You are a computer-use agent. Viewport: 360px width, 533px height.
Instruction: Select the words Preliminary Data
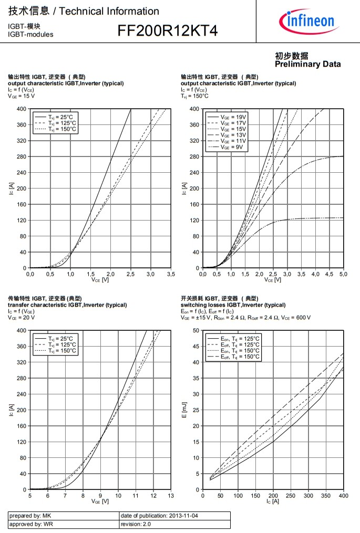pyautogui.click(x=307, y=64)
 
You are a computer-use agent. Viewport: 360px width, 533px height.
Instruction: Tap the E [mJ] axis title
pyautogui.click(x=184, y=409)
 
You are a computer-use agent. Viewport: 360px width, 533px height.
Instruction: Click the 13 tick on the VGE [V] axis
pyautogui.click(x=171, y=495)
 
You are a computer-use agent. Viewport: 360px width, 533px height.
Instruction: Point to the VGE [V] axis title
pyautogui.click(x=100, y=501)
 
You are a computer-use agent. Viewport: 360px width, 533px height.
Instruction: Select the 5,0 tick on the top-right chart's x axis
pyautogui.click(x=343, y=274)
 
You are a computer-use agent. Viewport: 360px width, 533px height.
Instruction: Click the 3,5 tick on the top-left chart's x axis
pyautogui.click(x=171, y=274)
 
